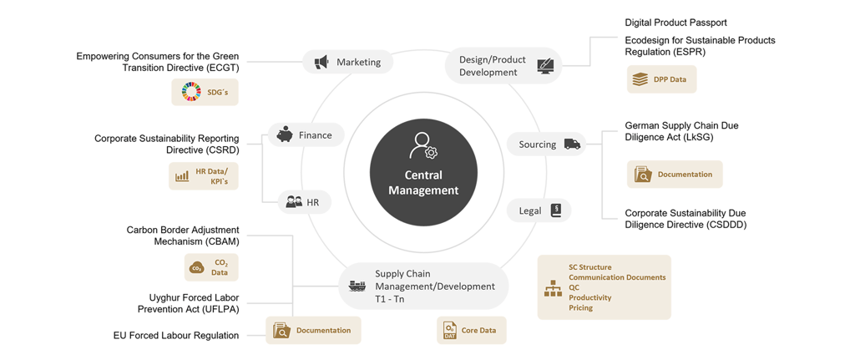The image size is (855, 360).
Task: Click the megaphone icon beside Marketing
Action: pyautogui.click(x=321, y=62)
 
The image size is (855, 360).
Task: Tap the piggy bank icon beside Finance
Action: pyautogui.click(x=285, y=134)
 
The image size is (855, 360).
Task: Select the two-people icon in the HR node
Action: pyautogui.click(x=294, y=202)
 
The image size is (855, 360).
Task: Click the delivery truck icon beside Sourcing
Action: pyautogui.click(x=572, y=145)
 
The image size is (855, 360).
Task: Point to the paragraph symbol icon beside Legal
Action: pyautogui.click(x=556, y=210)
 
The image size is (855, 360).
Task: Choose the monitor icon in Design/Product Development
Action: pyautogui.click(x=546, y=65)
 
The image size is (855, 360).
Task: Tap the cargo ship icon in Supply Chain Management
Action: pyautogui.click(x=357, y=286)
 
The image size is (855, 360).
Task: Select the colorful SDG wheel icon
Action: pyautogui.click(x=191, y=91)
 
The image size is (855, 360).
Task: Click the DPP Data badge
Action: pyautogui.click(x=661, y=79)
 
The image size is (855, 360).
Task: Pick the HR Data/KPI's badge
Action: pyautogui.click(x=204, y=176)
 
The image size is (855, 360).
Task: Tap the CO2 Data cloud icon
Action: pyautogui.click(x=197, y=267)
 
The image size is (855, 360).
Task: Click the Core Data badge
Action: pyautogui.click(x=471, y=330)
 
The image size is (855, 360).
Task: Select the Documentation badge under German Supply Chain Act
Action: pyautogui.click(x=675, y=175)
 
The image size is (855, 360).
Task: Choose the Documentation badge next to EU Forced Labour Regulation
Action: pyautogui.click(x=313, y=330)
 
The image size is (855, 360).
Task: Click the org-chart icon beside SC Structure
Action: pyautogui.click(x=553, y=288)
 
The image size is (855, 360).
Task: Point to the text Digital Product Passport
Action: pyautogui.click(x=675, y=23)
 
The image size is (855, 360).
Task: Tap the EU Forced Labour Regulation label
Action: pyautogui.click(x=176, y=335)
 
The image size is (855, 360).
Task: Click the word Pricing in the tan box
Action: pyautogui.click(x=581, y=308)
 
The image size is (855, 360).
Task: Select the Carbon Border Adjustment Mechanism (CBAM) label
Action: pyautogui.click(x=183, y=236)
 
